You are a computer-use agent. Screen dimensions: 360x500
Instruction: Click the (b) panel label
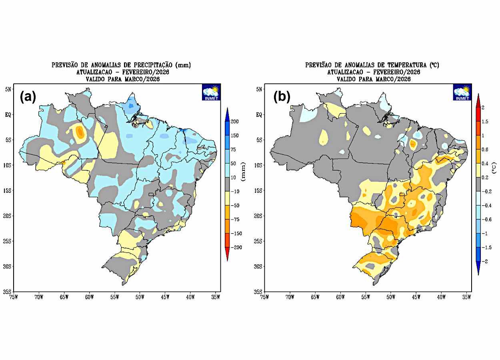(x=282, y=97)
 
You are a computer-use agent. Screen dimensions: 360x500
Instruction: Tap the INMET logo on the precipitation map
(x=211, y=92)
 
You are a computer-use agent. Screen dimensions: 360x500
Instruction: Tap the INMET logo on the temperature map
(x=462, y=92)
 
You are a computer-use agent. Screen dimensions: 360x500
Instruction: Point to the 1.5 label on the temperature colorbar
(x=485, y=122)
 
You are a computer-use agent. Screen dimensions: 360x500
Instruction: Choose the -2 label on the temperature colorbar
(x=484, y=261)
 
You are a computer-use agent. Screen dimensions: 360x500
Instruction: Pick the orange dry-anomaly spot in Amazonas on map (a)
(x=80, y=132)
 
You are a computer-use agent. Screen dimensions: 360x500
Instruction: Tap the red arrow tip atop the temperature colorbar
(x=478, y=97)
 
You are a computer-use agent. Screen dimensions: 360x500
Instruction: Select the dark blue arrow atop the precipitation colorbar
(x=227, y=112)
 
